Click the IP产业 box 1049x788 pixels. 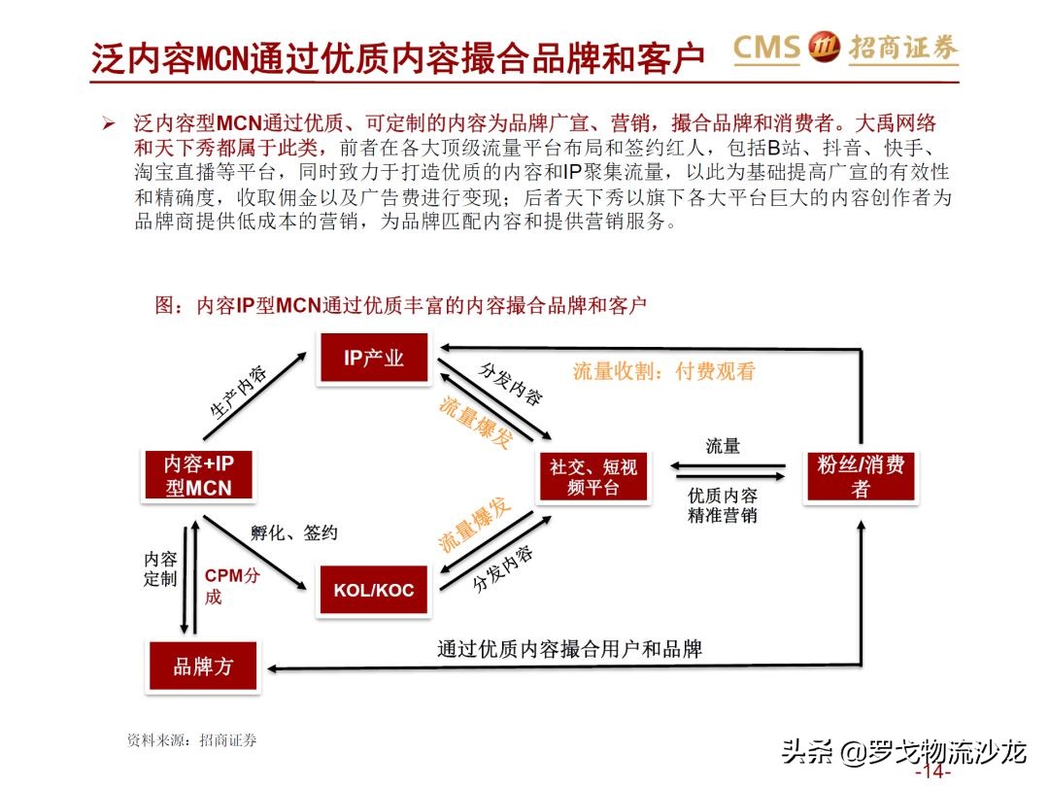point(374,358)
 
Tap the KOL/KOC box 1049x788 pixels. point(374,590)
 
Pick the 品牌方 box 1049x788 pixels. point(203,667)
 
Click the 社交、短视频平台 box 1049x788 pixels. point(593,477)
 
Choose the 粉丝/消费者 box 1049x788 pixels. point(861,476)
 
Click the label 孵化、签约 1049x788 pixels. point(293,532)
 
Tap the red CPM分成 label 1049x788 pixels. point(231,585)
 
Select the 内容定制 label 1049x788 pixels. point(160,569)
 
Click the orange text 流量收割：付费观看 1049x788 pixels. point(663,371)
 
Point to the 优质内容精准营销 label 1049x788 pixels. point(722,505)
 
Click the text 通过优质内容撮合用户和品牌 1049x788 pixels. point(569,648)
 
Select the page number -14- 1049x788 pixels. point(932,771)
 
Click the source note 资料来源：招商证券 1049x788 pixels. point(192,740)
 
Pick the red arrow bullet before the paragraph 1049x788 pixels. point(109,125)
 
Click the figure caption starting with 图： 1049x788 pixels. point(400,305)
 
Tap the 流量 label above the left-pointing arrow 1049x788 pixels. point(723,446)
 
